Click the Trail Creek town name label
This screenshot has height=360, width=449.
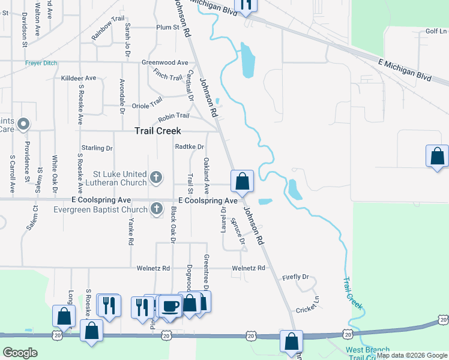pyautogui.click(x=158, y=131)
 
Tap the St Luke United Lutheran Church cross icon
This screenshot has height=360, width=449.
pyautogui.click(x=156, y=177)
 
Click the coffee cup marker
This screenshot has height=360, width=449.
pyautogui.click(x=170, y=306)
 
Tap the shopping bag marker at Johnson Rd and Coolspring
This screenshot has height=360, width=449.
pyautogui.click(x=242, y=181)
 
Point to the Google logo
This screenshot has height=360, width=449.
pyautogui.click(x=20, y=353)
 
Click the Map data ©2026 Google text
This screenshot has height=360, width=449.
pyautogui.click(x=412, y=355)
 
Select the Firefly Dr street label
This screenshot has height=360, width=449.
pyautogui.click(x=295, y=277)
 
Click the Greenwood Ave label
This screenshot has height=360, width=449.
pyautogui.click(x=164, y=62)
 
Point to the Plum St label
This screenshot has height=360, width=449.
pyautogui.click(x=167, y=28)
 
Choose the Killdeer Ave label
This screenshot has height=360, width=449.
pyautogui.click(x=79, y=79)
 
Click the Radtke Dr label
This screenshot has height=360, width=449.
pyautogui.click(x=189, y=146)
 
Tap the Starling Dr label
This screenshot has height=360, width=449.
pyautogui.click(x=97, y=148)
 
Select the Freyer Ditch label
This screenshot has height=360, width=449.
pyautogui.click(x=40, y=62)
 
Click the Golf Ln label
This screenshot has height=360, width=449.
pyautogui.click(x=436, y=31)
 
